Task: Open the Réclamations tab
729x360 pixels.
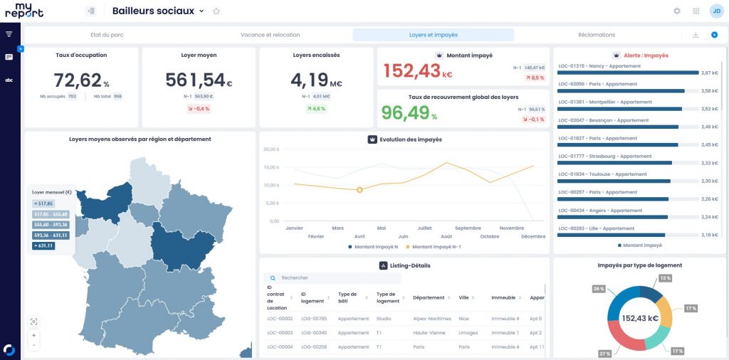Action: point(596,34)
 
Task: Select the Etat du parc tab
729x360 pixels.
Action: point(107,34)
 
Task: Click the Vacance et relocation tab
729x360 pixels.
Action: point(270,34)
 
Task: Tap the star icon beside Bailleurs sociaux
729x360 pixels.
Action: point(216,11)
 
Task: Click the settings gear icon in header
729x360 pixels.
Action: point(677,11)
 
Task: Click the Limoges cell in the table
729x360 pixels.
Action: point(468,333)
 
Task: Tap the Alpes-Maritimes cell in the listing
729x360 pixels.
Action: point(431,319)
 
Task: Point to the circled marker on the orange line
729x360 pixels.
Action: point(360,190)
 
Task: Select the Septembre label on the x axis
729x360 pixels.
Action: point(468,228)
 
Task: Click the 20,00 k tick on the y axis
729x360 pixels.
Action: point(271,149)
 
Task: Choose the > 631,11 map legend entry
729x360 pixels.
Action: point(43,245)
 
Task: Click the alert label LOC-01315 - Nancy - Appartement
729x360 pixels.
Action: point(595,66)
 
